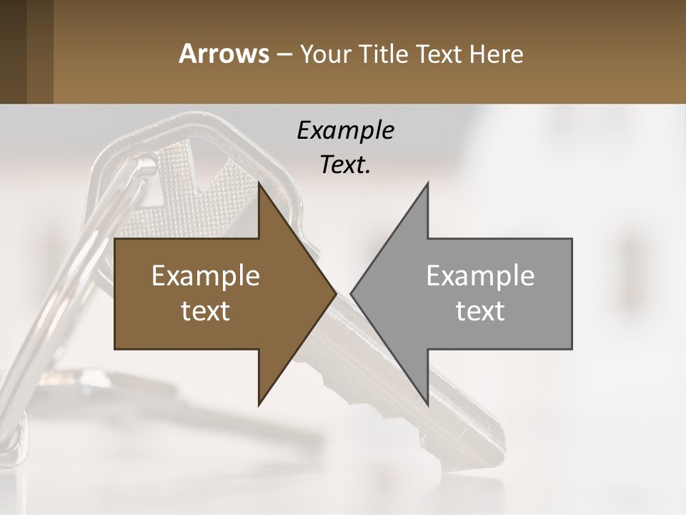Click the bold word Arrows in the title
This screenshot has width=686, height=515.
tap(224, 54)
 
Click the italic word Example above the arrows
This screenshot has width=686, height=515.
tap(345, 130)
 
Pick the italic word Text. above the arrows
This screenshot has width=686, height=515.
tap(345, 165)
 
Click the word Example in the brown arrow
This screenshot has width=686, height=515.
tap(206, 275)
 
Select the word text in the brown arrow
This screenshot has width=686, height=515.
tap(206, 311)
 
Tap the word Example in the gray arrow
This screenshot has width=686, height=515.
tap(480, 275)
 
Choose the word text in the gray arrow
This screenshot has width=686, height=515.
tap(480, 311)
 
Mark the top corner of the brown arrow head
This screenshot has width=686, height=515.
tap(259, 184)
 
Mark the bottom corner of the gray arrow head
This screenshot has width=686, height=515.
tap(427, 404)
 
